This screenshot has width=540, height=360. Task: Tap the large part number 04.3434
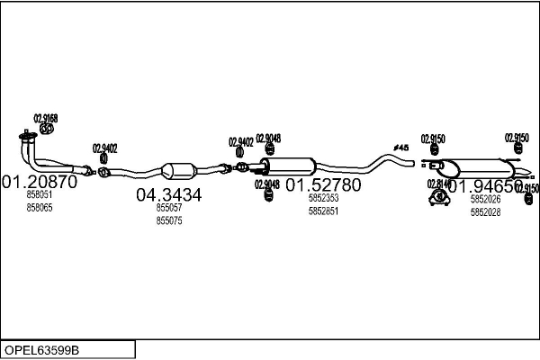[169, 194]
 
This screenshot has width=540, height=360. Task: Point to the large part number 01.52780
[323, 184]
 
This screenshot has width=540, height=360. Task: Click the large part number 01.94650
[485, 186]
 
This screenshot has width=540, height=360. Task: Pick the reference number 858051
[40, 195]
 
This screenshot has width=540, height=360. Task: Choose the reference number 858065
[40, 207]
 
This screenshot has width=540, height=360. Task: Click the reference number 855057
[169, 208]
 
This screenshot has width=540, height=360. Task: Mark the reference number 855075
[169, 220]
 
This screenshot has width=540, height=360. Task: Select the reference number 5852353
[323, 198]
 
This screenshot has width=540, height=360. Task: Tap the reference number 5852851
[323, 211]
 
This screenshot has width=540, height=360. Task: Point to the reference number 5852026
[485, 200]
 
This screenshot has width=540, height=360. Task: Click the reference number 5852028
[485, 212]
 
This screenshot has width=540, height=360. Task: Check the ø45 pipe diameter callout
[401, 148]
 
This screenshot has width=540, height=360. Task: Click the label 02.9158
[46, 118]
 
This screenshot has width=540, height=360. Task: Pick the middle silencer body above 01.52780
[290, 166]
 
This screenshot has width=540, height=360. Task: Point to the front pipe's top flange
[27, 138]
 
